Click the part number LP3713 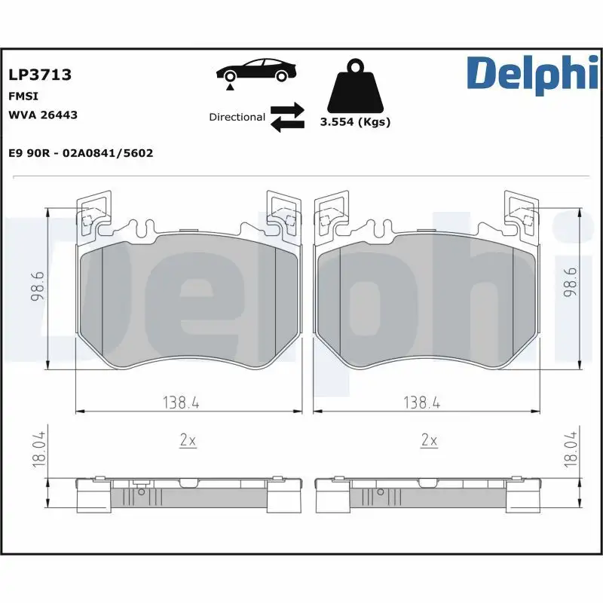click(39, 75)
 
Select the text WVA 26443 click(42, 115)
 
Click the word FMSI click(23, 96)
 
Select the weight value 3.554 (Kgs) click(355, 122)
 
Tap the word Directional click(237, 117)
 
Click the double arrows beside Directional click(287, 118)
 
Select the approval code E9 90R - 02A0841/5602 click(81, 153)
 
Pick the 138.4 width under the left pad click(181, 403)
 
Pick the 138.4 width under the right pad click(422, 403)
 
